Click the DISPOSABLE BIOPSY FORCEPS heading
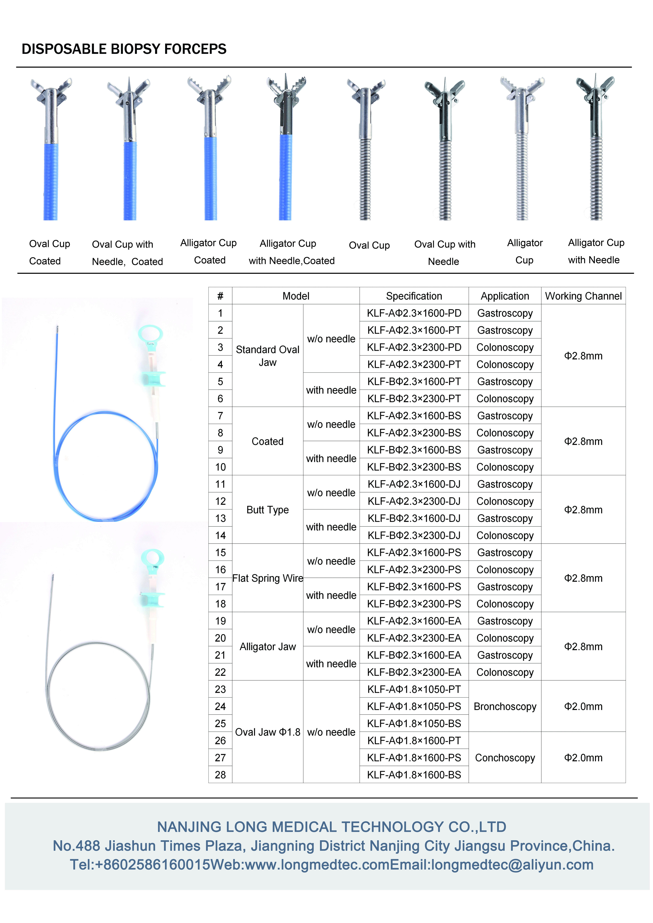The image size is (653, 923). point(124,49)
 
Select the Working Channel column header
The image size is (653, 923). point(583,296)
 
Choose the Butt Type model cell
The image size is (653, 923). point(268,510)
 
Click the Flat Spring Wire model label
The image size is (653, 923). point(268,578)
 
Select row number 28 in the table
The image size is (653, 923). point(220,775)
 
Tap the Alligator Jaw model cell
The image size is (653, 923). point(268,646)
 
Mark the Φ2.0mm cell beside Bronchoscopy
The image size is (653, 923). point(583,706)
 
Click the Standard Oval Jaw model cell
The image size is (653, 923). point(268,356)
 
